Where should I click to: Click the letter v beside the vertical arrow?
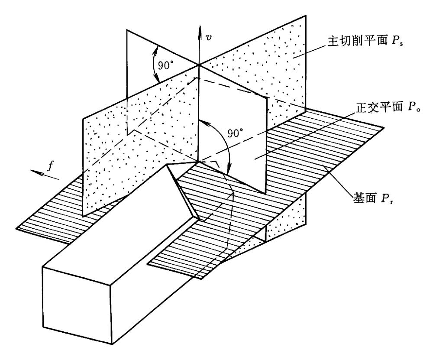pos(210,37)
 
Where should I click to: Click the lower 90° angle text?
pos(236,133)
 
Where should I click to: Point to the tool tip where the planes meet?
pos(198,162)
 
